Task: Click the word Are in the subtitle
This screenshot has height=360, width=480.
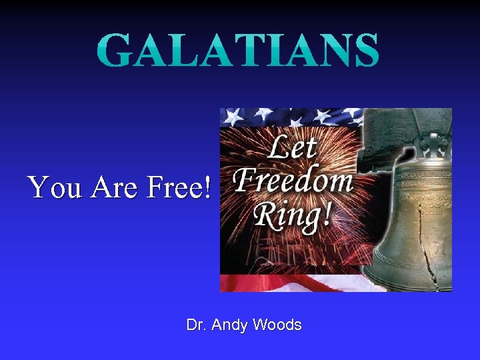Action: [117, 188]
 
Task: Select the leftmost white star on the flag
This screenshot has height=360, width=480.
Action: [231, 117]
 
